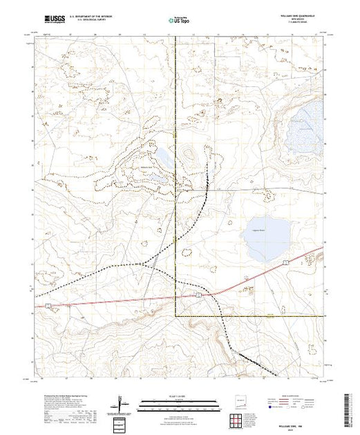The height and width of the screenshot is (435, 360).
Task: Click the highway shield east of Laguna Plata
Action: tap(284, 262)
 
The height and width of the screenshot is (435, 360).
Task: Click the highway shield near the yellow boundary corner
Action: tap(197, 295)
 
